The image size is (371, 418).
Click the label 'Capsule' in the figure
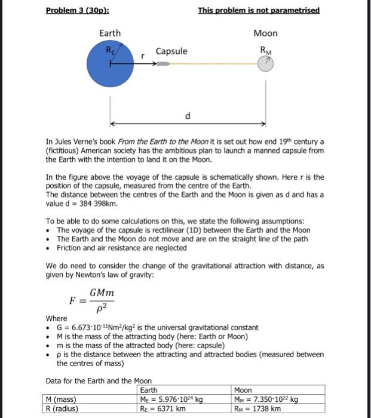tap(171, 51)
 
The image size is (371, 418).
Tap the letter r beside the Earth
tap(142, 55)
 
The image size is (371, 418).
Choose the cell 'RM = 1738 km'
tap(257, 409)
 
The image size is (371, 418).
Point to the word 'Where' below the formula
tap(57, 318)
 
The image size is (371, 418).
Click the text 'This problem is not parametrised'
tap(259, 11)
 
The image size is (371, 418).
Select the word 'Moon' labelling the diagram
tap(265, 33)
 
